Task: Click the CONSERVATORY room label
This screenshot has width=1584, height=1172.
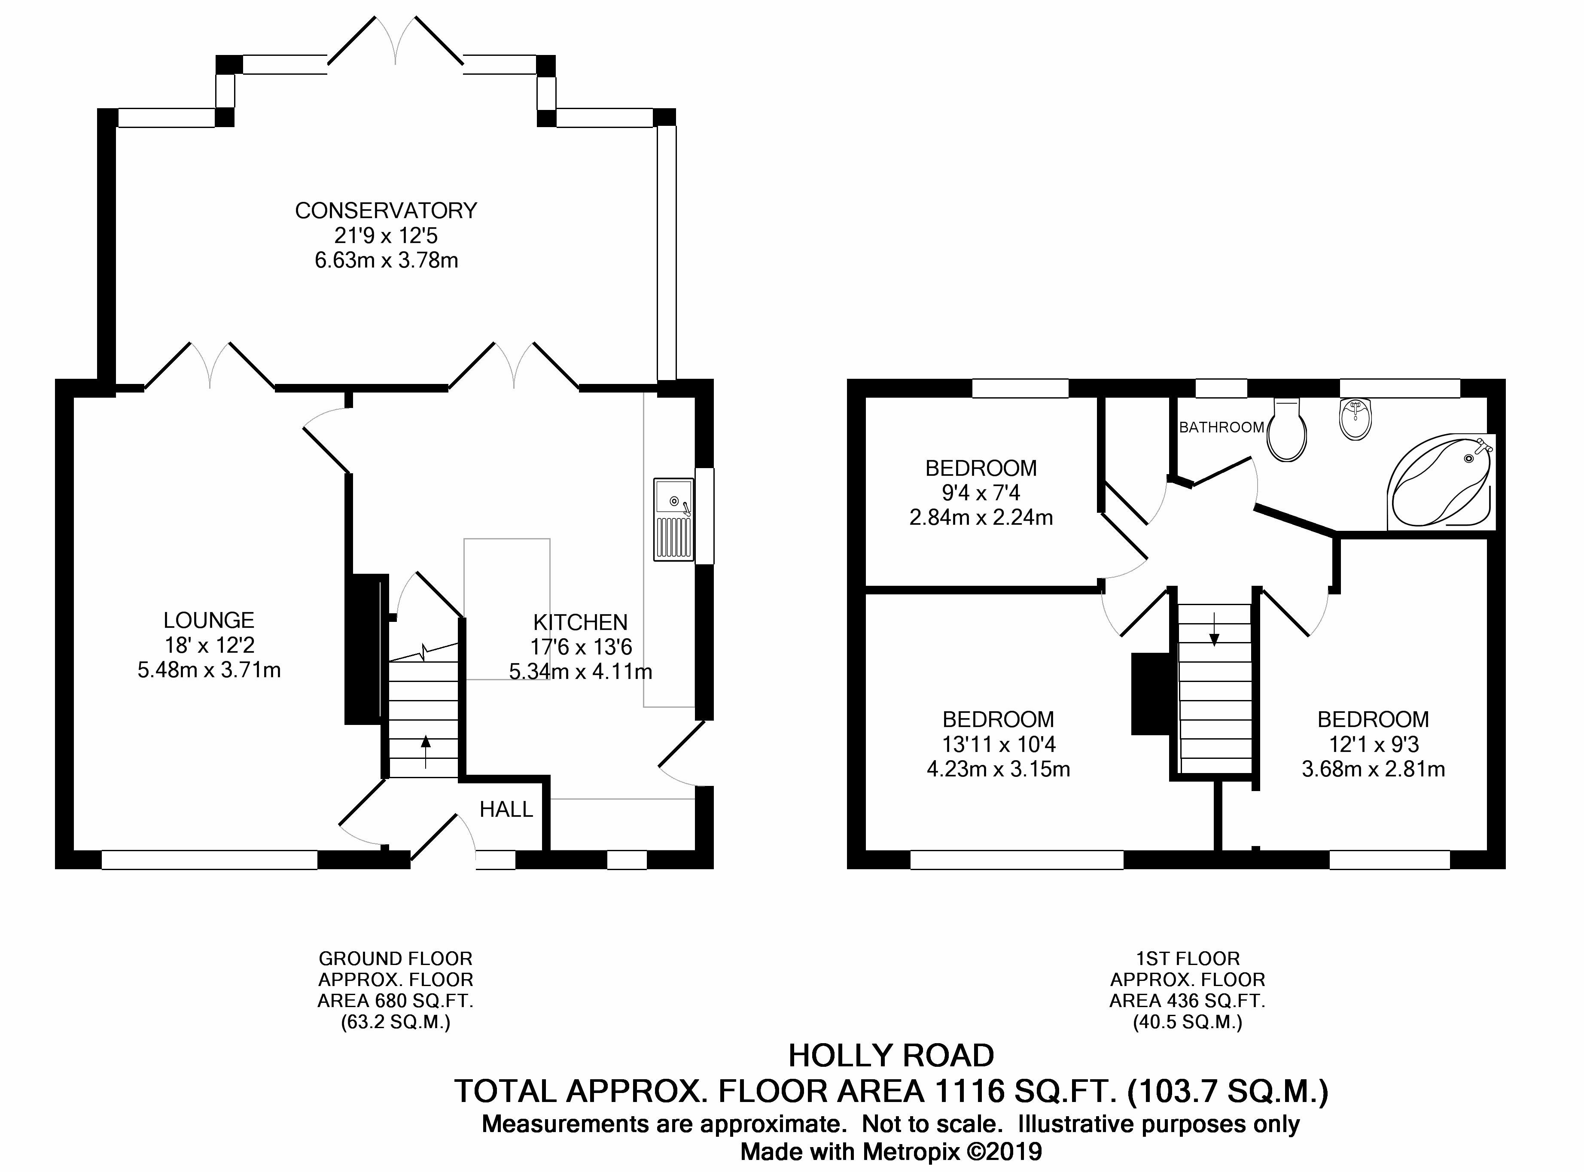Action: pyautogui.click(x=386, y=211)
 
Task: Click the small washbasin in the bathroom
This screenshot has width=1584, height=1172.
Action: pyautogui.click(x=1356, y=419)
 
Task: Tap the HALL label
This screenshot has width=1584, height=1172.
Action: pyautogui.click(x=506, y=810)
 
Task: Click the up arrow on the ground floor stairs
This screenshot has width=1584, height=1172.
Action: pyautogui.click(x=426, y=752)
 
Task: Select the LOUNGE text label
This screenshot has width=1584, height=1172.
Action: pyautogui.click(x=209, y=621)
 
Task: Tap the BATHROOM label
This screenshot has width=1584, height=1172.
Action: pyautogui.click(x=1222, y=427)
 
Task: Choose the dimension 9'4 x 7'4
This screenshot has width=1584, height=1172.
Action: pyautogui.click(x=981, y=493)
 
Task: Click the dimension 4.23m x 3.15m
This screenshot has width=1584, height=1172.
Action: pyautogui.click(x=998, y=769)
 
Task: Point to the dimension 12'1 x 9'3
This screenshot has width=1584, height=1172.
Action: pyautogui.click(x=1373, y=744)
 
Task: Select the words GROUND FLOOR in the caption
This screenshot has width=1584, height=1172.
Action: pyautogui.click(x=395, y=959)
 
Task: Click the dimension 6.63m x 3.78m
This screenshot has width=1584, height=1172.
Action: pyautogui.click(x=387, y=260)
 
